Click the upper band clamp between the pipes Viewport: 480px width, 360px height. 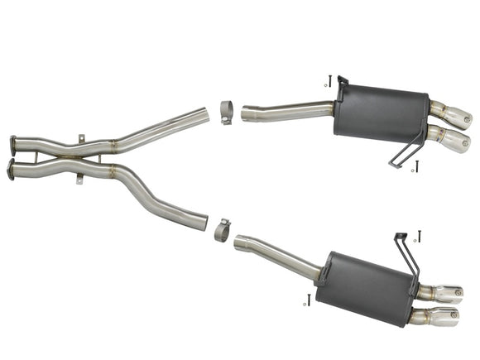[x=228, y=111]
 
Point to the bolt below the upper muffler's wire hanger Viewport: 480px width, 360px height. [x=417, y=166]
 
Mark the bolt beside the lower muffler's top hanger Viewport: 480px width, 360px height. [x=420, y=235]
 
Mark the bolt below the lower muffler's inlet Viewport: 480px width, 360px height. [x=309, y=300]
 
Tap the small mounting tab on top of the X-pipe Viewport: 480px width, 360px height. [x=80, y=137]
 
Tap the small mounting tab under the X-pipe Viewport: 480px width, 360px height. [x=79, y=178]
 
